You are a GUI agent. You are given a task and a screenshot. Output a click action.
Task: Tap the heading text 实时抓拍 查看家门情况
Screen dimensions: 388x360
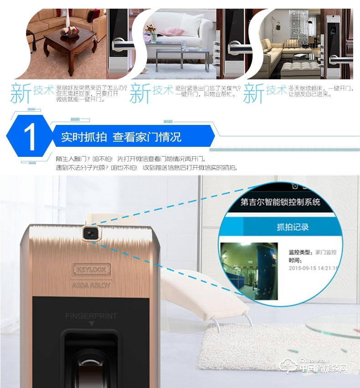(x=121, y=137)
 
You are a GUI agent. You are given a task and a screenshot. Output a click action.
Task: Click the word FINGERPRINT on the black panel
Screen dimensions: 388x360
(x=91, y=316)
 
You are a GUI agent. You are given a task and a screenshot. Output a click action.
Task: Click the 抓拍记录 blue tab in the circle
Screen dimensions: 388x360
(x=293, y=227)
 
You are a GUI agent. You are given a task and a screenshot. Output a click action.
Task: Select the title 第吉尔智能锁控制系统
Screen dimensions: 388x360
(x=280, y=202)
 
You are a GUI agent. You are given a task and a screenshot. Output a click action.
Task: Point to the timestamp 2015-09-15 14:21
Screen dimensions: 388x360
(x=314, y=268)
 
